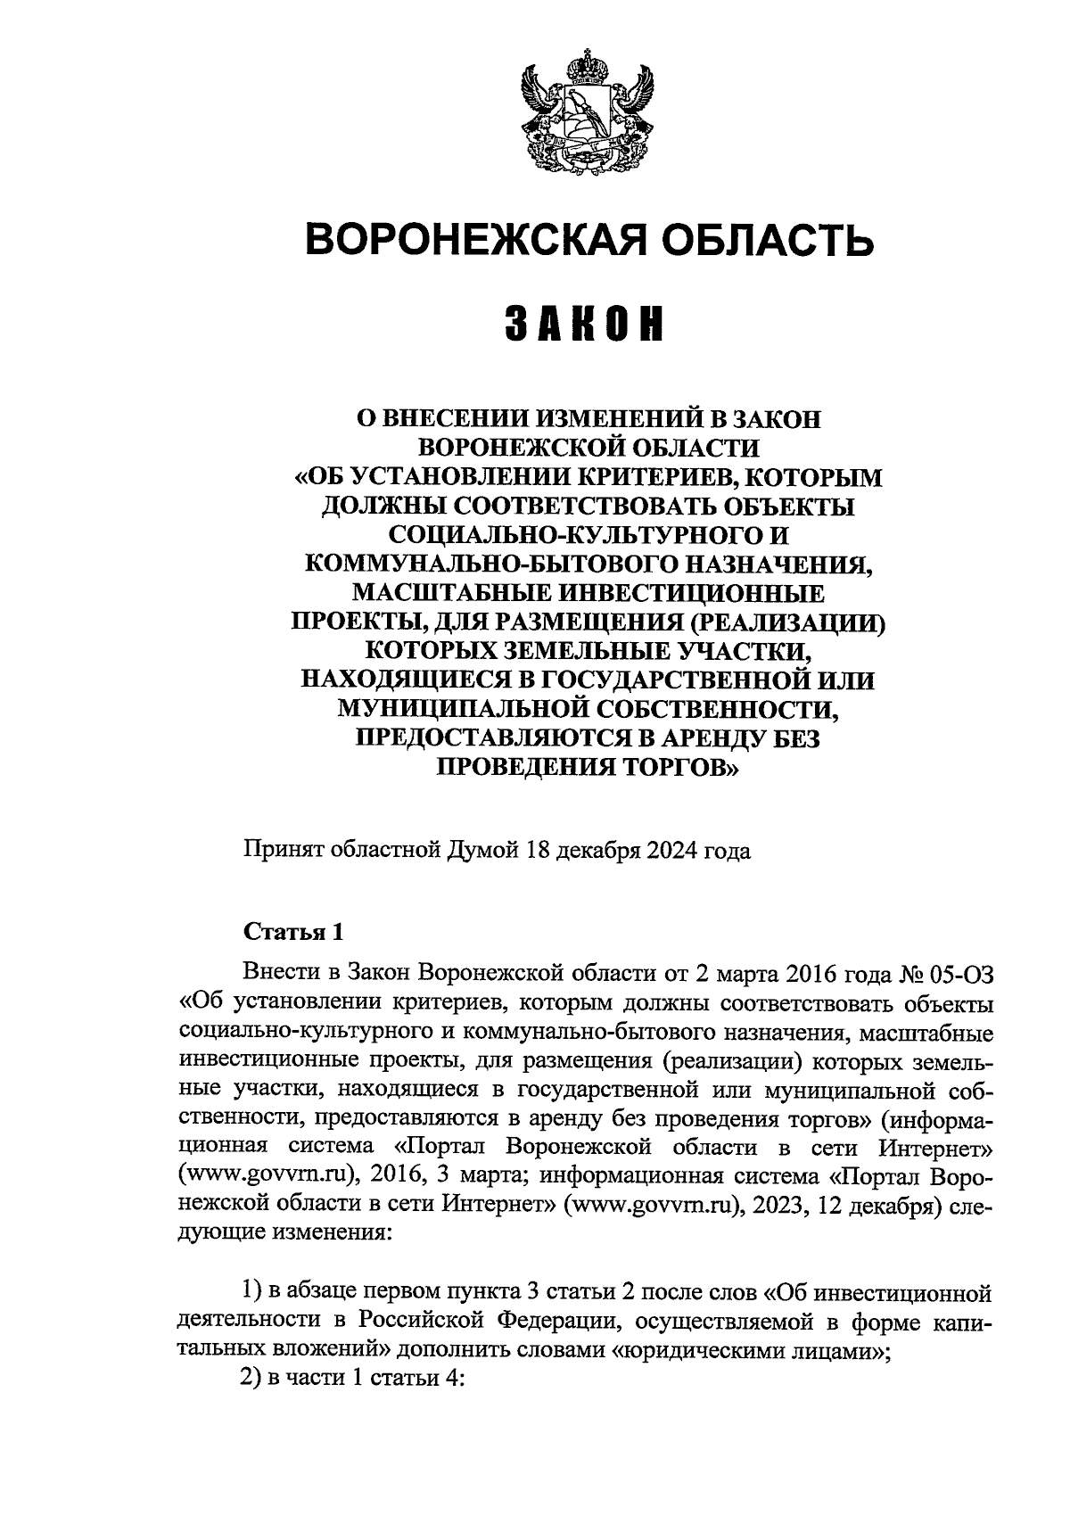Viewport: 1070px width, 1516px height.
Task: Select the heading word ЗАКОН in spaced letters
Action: click(586, 325)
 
